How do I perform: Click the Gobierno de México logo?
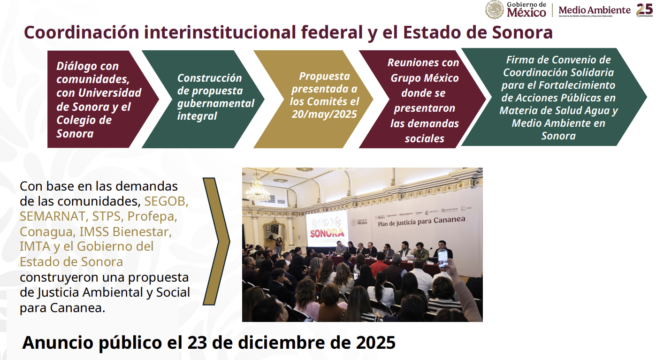(x=516, y=9)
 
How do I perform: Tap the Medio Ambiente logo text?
(x=595, y=10)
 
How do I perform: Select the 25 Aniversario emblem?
(x=644, y=9)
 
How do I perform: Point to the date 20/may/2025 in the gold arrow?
(x=324, y=114)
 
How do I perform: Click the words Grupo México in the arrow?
(x=425, y=78)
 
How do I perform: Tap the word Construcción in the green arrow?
(x=209, y=78)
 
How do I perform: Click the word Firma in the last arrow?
(x=521, y=60)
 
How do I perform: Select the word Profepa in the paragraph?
(x=152, y=216)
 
